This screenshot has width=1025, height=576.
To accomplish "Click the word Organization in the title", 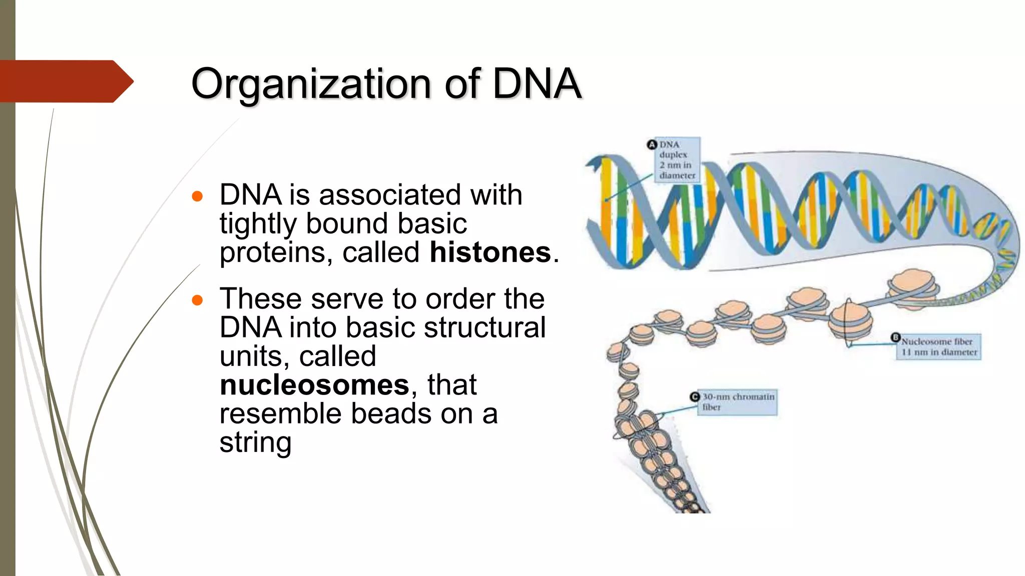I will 310,83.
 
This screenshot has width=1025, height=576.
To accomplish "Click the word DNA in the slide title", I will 537,83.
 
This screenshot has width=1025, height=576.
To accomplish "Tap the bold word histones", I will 490,252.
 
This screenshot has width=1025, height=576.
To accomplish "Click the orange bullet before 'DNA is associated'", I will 197,196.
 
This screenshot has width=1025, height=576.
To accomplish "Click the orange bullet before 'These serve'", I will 197,300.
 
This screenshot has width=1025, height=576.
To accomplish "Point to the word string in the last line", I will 255,442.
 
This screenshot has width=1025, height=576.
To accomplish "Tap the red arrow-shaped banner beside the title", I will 65,81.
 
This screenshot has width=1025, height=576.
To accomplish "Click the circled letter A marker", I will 652,144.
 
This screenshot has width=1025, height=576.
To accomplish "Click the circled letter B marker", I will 895,337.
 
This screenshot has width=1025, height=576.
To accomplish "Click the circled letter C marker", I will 695,396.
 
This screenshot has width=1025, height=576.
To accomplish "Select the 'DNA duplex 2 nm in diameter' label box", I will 678,160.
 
